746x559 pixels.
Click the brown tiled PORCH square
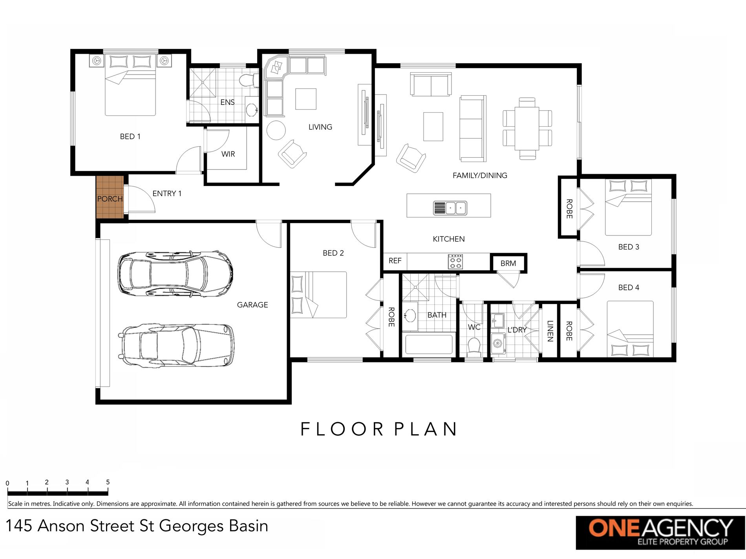(110, 197)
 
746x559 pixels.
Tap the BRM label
(508, 263)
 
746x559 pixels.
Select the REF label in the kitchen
(395, 261)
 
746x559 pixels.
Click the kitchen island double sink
(450, 208)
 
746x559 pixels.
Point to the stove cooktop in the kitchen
(455, 262)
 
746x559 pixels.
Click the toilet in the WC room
(474, 347)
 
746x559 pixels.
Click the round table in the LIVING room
(276, 130)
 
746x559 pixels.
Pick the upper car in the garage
(176, 273)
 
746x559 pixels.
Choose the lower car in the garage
(177, 345)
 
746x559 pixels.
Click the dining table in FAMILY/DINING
(527, 128)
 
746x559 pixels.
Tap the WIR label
(228, 154)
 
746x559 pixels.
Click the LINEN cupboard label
(550, 331)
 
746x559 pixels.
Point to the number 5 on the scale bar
(108, 482)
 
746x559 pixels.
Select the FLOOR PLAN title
(379, 429)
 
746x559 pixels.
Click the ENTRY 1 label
(167, 193)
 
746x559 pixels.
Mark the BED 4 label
(629, 288)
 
